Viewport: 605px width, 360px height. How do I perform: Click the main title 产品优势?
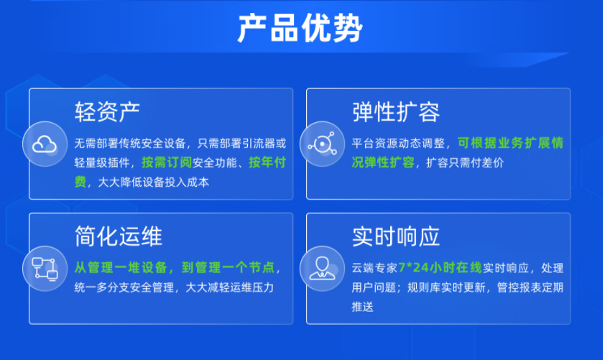(x=300, y=28)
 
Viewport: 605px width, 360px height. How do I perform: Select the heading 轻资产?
(x=107, y=112)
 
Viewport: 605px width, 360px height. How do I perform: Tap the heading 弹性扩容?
(x=396, y=112)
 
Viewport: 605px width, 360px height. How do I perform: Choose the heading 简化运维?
(x=118, y=236)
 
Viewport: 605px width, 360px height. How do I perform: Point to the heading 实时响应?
(x=396, y=236)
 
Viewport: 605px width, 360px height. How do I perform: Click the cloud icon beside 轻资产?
(x=45, y=144)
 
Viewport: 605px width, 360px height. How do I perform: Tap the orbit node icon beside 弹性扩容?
(x=322, y=144)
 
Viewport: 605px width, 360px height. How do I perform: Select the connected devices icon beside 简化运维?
(x=45, y=268)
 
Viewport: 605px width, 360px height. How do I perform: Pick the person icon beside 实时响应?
(x=322, y=268)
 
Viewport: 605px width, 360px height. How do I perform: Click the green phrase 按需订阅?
(x=167, y=162)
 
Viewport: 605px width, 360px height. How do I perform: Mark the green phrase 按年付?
(x=267, y=162)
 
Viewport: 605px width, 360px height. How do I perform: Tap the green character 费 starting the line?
(x=80, y=182)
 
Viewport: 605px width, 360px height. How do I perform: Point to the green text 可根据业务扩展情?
(x=510, y=143)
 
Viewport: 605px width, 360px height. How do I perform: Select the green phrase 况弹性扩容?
(x=383, y=162)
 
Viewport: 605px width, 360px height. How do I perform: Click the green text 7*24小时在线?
(x=440, y=267)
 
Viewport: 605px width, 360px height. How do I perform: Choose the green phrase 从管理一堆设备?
(x=121, y=267)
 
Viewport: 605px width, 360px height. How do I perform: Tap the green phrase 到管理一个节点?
(x=228, y=267)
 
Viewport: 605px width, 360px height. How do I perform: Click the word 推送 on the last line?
(x=363, y=307)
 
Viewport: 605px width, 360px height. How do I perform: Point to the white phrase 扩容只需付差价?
(x=465, y=163)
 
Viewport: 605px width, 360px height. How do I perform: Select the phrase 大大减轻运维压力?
(x=230, y=287)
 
